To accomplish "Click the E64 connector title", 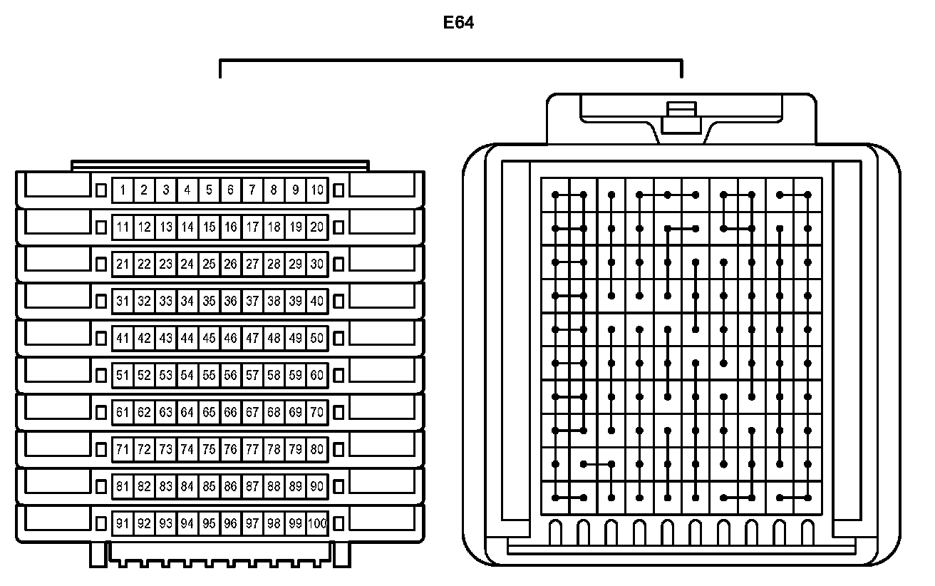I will point(458,23).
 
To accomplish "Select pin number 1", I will point(123,190).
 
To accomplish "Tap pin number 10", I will point(317,190).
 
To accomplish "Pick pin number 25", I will point(209,264).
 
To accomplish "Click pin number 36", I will point(230,301).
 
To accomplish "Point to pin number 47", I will point(252,338).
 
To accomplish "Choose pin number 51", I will point(123,375).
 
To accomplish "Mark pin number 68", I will point(274,412).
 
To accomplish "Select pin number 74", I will point(187,449).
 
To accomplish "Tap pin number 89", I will point(296,486).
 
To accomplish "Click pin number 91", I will point(123,524).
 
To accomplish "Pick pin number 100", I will point(318,524).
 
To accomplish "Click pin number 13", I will point(166,227).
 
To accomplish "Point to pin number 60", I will point(317,375).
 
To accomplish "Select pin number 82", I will point(144,486).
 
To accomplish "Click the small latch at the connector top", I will point(679,118).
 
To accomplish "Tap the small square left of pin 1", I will point(100,190).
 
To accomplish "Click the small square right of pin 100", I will point(339,524).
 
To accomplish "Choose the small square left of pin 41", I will point(100,338).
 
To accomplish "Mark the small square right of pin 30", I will point(339,264).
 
